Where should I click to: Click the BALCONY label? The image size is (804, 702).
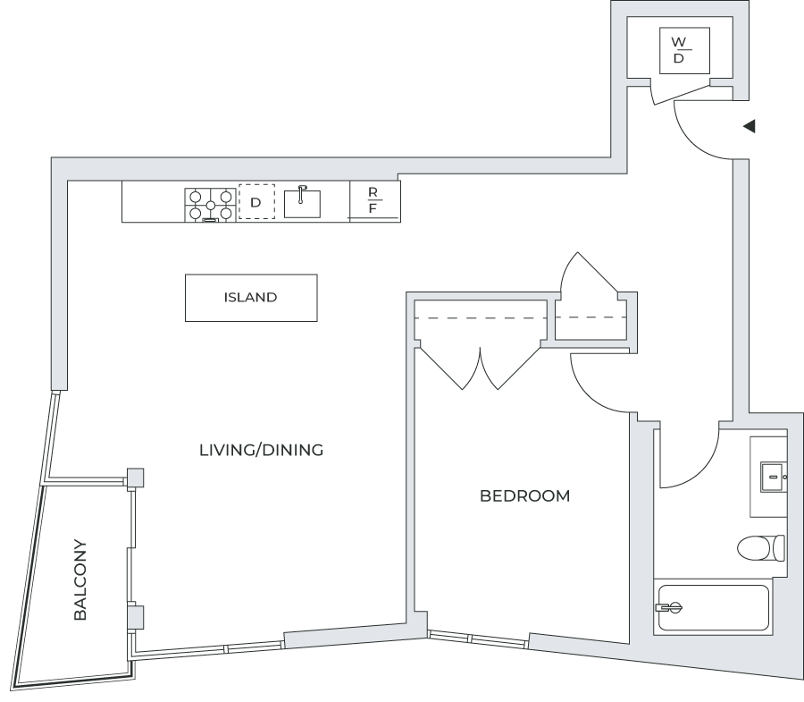pos(80,579)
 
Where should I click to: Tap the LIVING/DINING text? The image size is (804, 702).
pos(261,450)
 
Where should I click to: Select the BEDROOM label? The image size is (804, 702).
pos(524,495)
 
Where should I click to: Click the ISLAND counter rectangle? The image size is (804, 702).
pos(251,298)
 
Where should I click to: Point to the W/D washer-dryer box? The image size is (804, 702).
pos(684,50)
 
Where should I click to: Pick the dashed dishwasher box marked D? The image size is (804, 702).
pos(256,202)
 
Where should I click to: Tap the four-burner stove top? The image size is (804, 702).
pos(210,205)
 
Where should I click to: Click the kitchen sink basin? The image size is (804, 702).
pos(302,204)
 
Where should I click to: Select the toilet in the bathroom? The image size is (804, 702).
pos(761,547)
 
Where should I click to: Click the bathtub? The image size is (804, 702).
pos(713,607)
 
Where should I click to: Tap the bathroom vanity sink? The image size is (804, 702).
pos(772,478)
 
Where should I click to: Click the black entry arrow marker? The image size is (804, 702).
pos(750,126)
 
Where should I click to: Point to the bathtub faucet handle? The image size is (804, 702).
pos(669,607)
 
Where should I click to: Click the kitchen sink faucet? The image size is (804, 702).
pos(302,194)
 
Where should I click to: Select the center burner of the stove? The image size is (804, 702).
pos(210,206)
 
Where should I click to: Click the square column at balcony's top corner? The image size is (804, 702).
pos(136,478)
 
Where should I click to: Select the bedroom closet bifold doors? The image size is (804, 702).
pos(480,368)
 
